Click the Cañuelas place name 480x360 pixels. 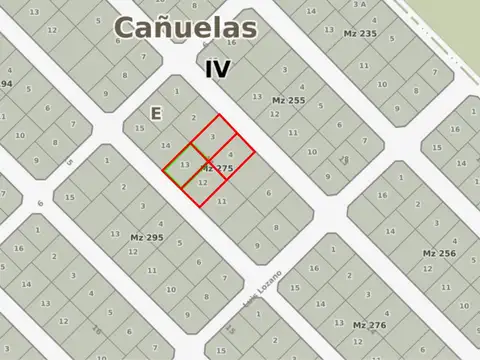pyautogui.click(x=185, y=28)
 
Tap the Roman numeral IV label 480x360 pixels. pyautogui.click(x=217, y=69)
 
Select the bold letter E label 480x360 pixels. pyautogui.click(x=155, y=114)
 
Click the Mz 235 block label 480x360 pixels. pyautogui.click(x=360, y=34)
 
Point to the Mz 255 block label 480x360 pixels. pyautogui.click(x=288, y=100)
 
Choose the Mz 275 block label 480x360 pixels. pyautogui.click(x=217, y=169)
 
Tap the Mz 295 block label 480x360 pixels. pyautogui.click(x=146, y=237)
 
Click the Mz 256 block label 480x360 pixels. pyautogui.click(x=440, y=253)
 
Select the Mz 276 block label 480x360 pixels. pyautogui.click(x=369, y=325)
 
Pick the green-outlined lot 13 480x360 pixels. pyautogui.click(x=186, y=164)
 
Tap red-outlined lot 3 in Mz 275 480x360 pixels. pyautogui.click(x=212, y=137)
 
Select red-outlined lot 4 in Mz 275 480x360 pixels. pyautogui.click(x=231, y=155)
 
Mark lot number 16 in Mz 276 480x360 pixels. pyautogui.click(x=315, y=269)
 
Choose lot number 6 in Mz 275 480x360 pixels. pyautogui.click(x=268, y=192)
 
